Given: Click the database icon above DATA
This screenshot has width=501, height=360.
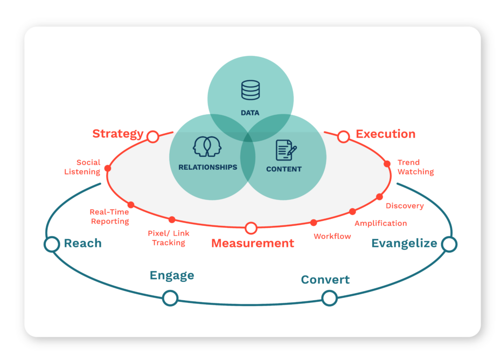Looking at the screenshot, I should [250, 91].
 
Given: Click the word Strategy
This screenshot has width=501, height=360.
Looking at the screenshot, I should [118, 134].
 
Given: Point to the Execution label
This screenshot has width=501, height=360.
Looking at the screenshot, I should [385, 134].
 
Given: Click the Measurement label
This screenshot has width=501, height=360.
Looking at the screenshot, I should [253, 243].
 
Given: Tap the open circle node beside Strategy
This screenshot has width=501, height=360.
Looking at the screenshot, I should [153, 136].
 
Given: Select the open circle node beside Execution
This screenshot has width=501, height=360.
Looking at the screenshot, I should [344, 137].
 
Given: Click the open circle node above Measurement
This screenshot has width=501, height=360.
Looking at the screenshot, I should [251, 228].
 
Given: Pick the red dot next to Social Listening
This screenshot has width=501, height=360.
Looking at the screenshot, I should [108, 168].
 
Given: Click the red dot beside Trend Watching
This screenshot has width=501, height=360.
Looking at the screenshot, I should [387, 164].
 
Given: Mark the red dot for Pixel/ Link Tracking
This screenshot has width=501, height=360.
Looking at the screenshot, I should [172, 219].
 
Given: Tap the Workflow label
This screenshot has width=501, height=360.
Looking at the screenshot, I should [332, 236].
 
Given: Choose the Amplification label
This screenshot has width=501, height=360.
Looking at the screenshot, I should [380, 223].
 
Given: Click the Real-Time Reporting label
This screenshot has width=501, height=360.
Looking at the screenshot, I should [109, 217].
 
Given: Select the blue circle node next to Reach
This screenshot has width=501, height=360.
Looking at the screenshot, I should [52, 244].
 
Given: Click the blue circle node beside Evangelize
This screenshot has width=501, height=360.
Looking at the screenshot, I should [449, 244].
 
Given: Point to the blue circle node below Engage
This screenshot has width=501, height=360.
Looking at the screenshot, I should [170, 297].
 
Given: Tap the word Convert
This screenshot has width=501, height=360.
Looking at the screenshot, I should [325, 280].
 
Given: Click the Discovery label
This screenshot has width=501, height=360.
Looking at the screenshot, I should [405, 206].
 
